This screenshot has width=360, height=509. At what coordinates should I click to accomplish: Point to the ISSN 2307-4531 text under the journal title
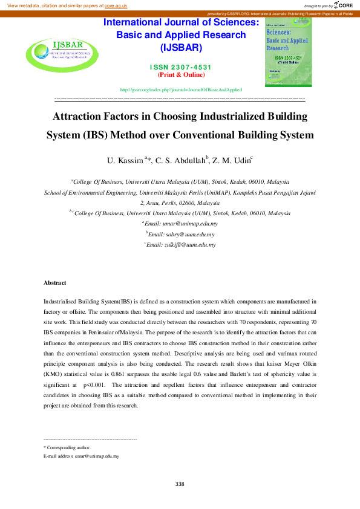(181, 67)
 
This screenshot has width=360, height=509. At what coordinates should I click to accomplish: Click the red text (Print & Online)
(181, 75)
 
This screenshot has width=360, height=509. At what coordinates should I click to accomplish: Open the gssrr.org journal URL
(182, 89)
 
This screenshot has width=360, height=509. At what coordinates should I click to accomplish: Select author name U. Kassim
(126, 161)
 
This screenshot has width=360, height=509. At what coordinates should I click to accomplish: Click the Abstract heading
(54, 283)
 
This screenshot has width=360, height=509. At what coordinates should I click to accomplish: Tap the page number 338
(180, 484)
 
